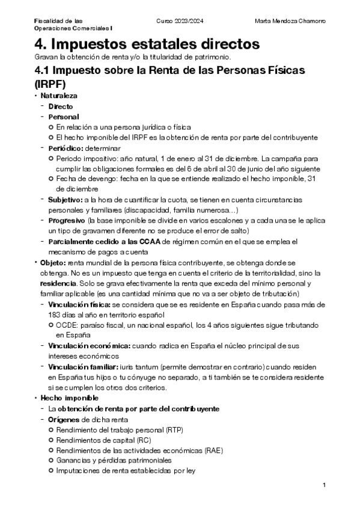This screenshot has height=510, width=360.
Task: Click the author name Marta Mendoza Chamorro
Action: [290, 20]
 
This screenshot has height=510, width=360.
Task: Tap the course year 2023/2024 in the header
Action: [180, 20]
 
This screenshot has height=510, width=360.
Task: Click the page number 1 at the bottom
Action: [324, 485]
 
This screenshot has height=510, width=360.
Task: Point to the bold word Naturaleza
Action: [58, 96]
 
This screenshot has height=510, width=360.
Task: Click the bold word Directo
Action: [61, 106]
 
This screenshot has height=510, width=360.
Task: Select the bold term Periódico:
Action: [66, 148]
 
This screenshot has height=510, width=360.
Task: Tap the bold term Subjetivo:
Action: [66, 199]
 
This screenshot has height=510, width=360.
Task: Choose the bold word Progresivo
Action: [67, 220]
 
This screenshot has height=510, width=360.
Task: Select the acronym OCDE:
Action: [69, 325]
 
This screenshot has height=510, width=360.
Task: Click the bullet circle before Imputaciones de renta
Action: [51, 471]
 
